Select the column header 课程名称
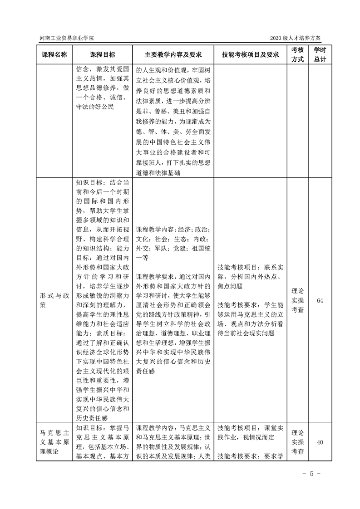pyautogui.click(x=54, y=54)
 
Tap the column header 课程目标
pyautogui.click(x=102, y=54)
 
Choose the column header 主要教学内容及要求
pyautogui.click(x=173, y=54)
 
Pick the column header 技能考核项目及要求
pyautogui.click(x=250, y=54)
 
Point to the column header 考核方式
pyautogui.click(x=297, y=54)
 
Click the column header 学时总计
pyautogui.click(x=320, y=54)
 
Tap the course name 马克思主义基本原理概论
pyautogui.click(x=54, y=439)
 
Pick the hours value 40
pyautogui.click(x=320, y=443)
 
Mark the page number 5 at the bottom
pyautogui.click(x=312, y=474)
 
